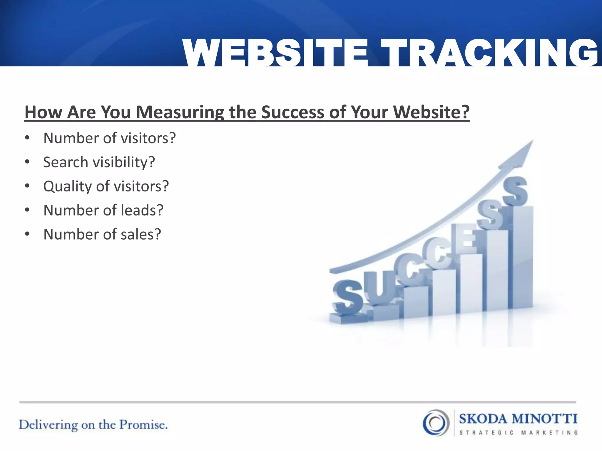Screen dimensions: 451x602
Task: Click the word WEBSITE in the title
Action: click(x=275, y=53)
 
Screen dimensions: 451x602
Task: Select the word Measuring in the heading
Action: click(x=180, y=112)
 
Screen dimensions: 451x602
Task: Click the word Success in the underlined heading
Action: click(x=292, y=112)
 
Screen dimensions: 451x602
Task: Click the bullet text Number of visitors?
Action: click(x=109, y=138)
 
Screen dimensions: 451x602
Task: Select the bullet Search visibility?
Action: click(x=99, y=162)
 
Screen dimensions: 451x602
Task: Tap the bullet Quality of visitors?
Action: click(x=106, y=186)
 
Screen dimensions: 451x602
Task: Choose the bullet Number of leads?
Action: click(x=103, y=210)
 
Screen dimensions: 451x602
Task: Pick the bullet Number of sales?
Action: click(x=102, y=234)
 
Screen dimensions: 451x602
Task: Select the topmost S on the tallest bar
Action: click(x=515, y=191)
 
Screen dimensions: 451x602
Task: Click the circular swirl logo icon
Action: click(x=436, y=423)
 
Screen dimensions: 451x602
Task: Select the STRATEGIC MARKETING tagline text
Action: click(x=519, y=433)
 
